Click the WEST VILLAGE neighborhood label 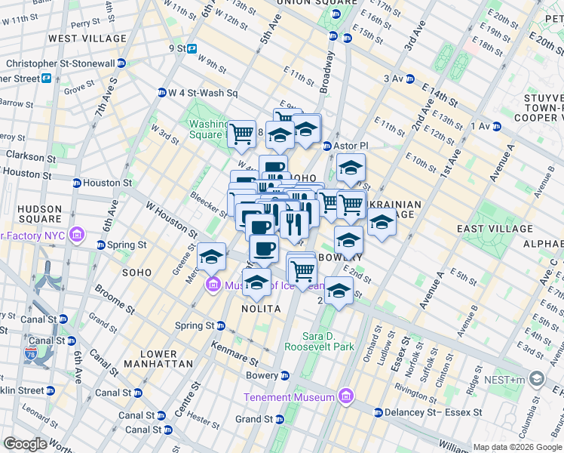point(87,38)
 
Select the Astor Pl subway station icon point(327,146)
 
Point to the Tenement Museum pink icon point(345,396)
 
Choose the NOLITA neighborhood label point(261,309)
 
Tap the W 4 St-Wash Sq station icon point(161,93)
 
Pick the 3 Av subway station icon point(409,79)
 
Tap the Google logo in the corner point(26,444)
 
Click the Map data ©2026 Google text point(517,447)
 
